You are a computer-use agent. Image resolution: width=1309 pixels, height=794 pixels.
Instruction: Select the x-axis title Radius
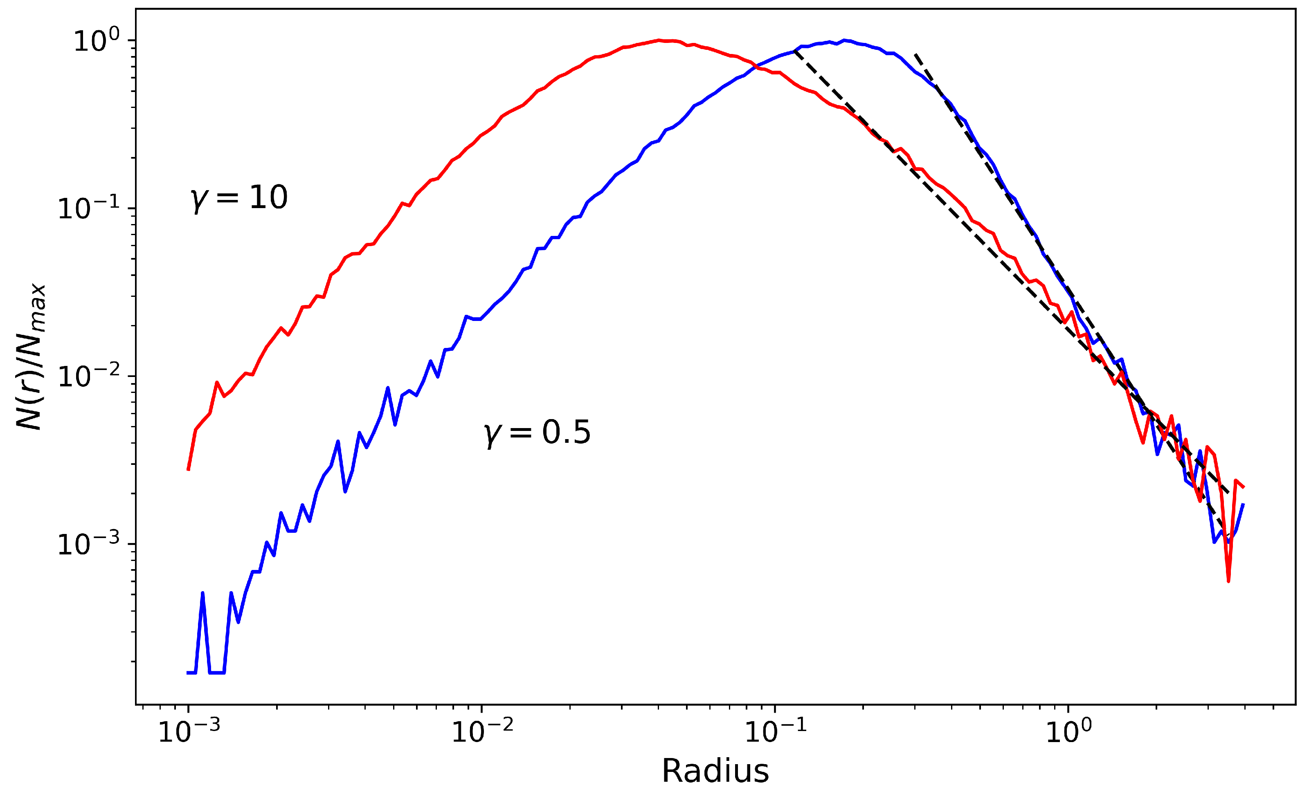tap(715, 771)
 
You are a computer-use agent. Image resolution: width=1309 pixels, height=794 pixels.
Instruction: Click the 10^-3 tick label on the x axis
tap(189, 732)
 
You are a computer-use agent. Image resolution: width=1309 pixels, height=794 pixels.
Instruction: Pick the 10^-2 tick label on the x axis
tap(482, 732)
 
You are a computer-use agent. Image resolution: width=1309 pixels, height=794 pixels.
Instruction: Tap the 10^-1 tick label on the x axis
tap(776, 732)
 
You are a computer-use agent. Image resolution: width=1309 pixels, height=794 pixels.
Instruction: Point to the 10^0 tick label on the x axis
tap(1068, 732)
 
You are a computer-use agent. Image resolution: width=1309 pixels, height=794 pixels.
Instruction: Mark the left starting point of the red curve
tap(189, 469)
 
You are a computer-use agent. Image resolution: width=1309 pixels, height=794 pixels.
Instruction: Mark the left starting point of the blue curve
tap(189, 673)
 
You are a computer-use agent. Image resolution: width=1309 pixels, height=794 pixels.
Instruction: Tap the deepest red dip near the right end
tap(1229, 581)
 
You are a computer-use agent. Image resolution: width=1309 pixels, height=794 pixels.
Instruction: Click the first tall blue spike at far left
tap(203, 593)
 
